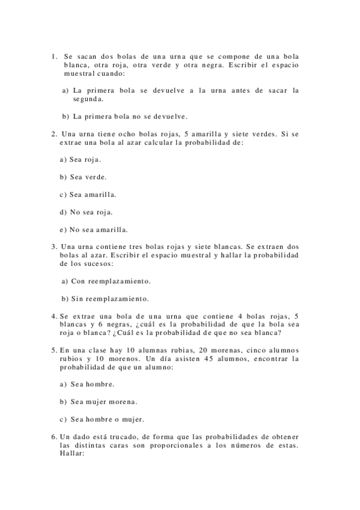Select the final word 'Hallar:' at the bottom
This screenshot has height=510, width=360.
tap(73, 453)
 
